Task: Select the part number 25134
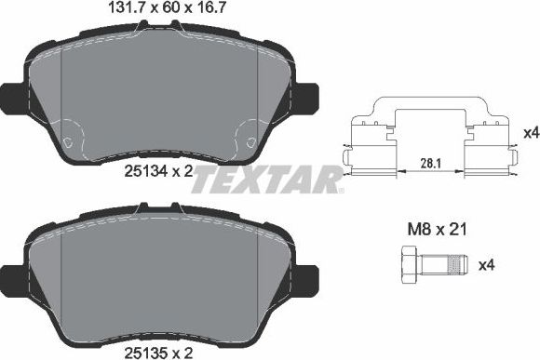[145, 170]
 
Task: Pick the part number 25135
[145, 352]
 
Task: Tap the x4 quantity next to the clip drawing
[531, 133]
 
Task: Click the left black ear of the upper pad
[11, 95]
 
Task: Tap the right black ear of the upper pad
[307, 95]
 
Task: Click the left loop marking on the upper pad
[71, 143]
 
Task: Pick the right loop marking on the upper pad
[249, 143]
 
